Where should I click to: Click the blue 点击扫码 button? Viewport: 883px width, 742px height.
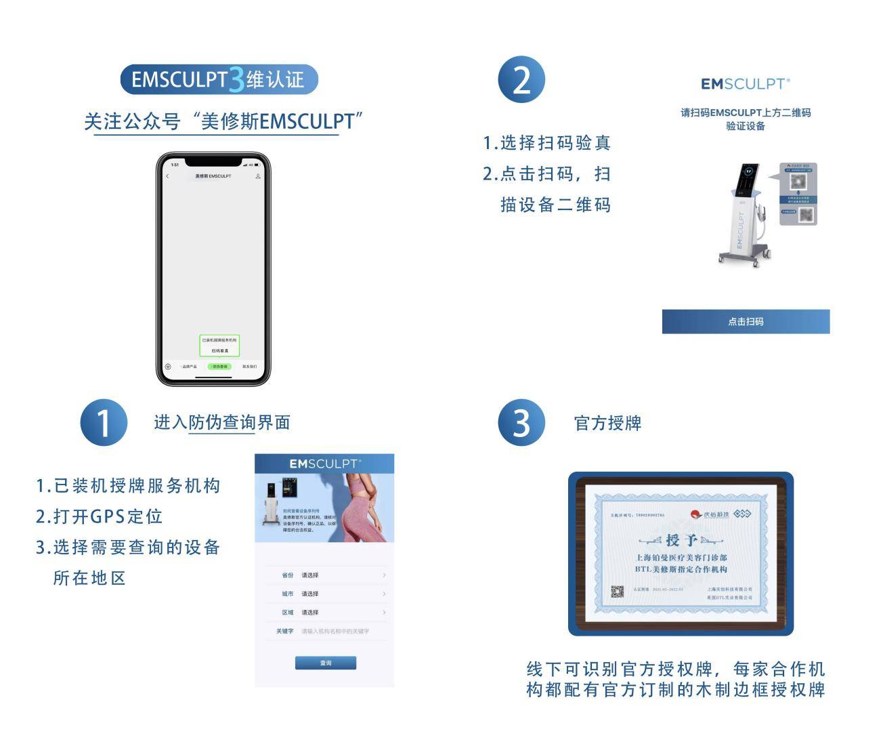click(x=746, y=322)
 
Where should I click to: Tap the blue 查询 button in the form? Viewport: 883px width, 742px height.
click(x=326, y=663)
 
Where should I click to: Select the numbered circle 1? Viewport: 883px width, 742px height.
click(x=104, y=423)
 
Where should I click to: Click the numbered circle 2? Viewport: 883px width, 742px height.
click(x=521, y=80)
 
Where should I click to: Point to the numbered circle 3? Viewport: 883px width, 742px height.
click(x=521, y=423)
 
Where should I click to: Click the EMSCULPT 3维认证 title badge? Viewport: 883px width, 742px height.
click(x=219, y=79)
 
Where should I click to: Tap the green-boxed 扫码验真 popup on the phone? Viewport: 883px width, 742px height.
click(x=219, y=346)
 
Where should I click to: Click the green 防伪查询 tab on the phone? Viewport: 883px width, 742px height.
click(x=219, y=367)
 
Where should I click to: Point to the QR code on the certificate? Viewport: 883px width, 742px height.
click(x=618, y=592)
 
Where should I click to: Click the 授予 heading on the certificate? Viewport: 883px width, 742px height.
click(x=681, y=540)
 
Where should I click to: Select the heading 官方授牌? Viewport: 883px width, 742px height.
click(x=607, y=424)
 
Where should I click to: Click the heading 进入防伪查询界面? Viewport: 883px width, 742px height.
click(x=222, y=423)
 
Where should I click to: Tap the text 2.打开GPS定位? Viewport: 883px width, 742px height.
click(x=99, y=516)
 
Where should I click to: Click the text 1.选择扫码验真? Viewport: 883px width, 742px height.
click(x=546, y=143)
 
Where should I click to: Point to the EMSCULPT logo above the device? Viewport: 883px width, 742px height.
click(x=745, y=84)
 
